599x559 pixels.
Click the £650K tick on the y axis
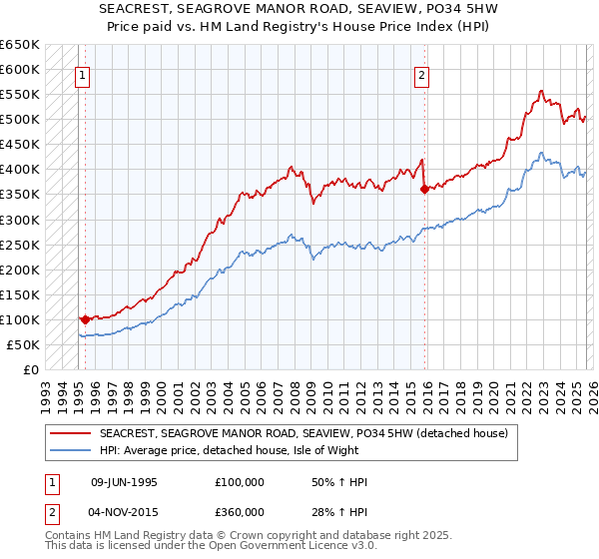pyautogui.click(x=20, y=45)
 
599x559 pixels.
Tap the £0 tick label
pyautogui.click(x=30, y=369)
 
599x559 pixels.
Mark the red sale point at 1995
pyautogui.click(x=85, y=319)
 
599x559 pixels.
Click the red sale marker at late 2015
pyautogui.click(x=425, y=189)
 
